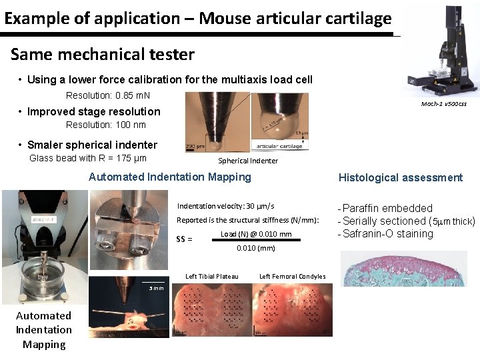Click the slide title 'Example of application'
197,19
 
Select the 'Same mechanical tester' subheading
103,54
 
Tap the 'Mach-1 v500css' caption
444,104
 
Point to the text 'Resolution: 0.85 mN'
108,95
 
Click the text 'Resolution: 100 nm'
105,125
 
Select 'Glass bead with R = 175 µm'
88,158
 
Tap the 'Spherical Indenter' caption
248,161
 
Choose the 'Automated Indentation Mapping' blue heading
170,177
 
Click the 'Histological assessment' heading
400,177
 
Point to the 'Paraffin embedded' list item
387,208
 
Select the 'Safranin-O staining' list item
387,233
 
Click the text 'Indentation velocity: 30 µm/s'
225,206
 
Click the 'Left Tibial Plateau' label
211,276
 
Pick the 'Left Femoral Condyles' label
292,276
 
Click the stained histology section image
403,268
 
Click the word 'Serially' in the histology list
359,221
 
